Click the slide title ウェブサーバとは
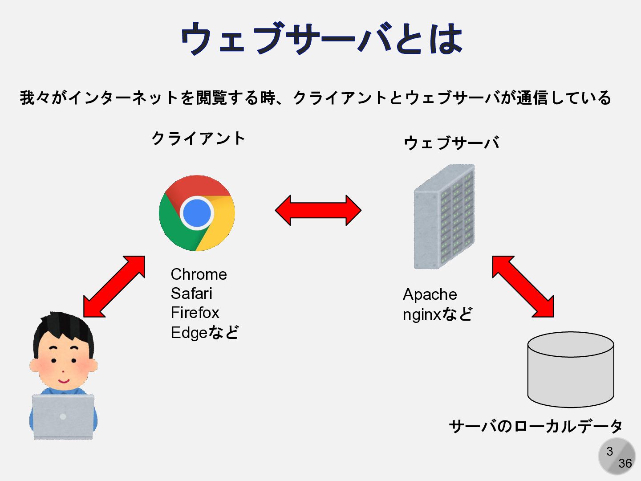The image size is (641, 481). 321,39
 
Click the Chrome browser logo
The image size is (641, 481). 197,213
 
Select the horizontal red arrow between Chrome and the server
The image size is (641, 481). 318,210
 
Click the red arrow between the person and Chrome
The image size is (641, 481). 114,286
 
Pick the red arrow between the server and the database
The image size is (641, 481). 523,286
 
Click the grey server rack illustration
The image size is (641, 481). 444,217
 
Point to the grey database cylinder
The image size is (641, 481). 570,370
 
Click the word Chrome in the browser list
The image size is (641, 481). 199,274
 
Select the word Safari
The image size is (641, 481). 191,293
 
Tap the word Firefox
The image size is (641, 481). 195,313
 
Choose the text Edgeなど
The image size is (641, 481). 205,332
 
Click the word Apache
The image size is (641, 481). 430,294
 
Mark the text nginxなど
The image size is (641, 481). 437,314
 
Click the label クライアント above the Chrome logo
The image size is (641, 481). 198,139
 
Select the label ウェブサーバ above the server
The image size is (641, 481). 451,143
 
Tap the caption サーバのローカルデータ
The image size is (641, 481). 536,426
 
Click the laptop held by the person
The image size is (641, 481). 63,417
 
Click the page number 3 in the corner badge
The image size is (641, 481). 610,451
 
